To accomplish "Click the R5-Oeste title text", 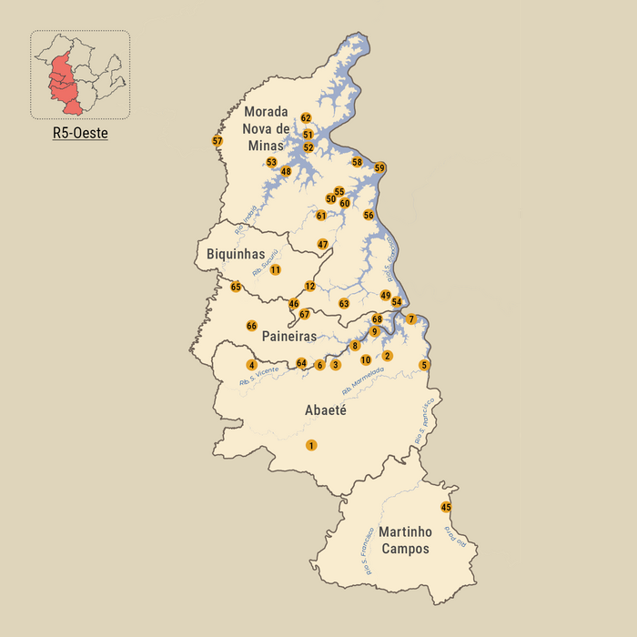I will (80, 133).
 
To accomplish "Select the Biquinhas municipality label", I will (236, 254).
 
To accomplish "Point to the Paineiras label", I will (289, 337).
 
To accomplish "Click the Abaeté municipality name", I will (323, 410).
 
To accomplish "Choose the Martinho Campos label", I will (405, 540).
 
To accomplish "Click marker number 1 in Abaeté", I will (311, 445).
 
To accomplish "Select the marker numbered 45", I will (446, 507).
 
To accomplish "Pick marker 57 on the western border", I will (217, 141).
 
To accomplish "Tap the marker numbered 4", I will (252, 365).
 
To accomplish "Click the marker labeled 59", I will (380, 167).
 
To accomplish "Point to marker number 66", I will (252, 326).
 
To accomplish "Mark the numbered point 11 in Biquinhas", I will (275, 269).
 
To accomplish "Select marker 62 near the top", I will (306, 118).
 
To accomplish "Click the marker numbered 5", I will (424, 365).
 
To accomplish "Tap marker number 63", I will (344, 303).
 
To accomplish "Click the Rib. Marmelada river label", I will (363, 380).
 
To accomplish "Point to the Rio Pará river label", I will (455, 536).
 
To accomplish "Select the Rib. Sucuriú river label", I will (264, 264).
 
